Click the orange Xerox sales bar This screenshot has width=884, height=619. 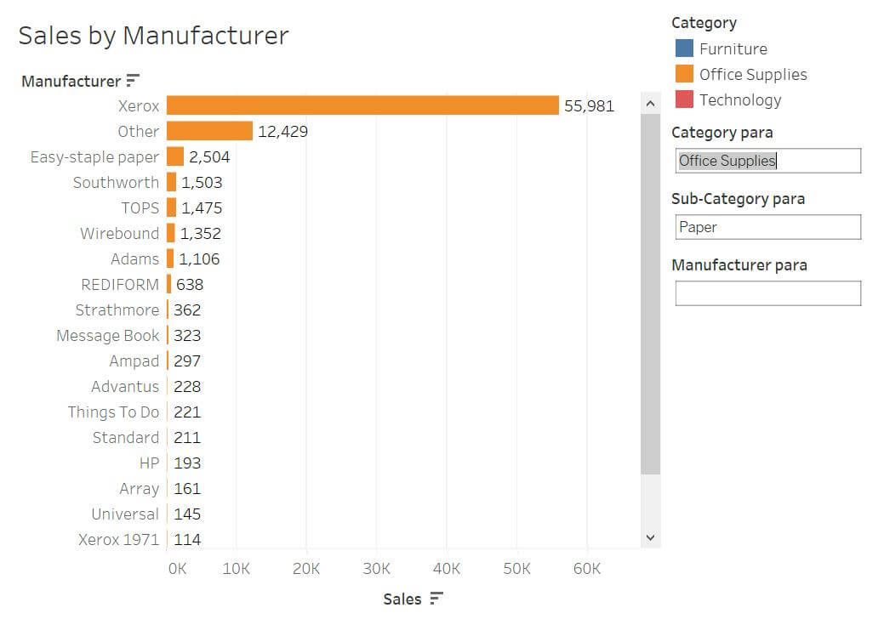(362, 105)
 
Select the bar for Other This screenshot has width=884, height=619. (209, 131)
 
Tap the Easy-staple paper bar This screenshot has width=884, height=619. (175, 156)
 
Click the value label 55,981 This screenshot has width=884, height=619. (589, 106)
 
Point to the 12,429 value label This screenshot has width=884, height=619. (283, 131)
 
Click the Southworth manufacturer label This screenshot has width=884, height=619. (117, 183)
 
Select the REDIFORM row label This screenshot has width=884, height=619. (120, 285)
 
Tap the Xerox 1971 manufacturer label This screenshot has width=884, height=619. (119, 540)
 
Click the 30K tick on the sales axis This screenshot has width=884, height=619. (377, 569)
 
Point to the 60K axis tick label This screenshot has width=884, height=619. (587, 569)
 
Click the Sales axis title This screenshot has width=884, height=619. (402, 599)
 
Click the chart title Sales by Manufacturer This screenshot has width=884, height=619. (153, 36)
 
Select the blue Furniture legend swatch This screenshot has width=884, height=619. (684, 48)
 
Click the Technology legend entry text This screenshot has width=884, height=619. (740, 100)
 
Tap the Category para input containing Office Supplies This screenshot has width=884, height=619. (767, 161)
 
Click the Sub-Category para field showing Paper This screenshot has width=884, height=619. (767, 227)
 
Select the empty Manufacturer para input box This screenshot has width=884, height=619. (767, 293)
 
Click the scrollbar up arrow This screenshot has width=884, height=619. (651, 104)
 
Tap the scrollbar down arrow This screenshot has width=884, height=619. (651, 537)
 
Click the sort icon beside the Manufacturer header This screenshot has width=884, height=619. (133, 81)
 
